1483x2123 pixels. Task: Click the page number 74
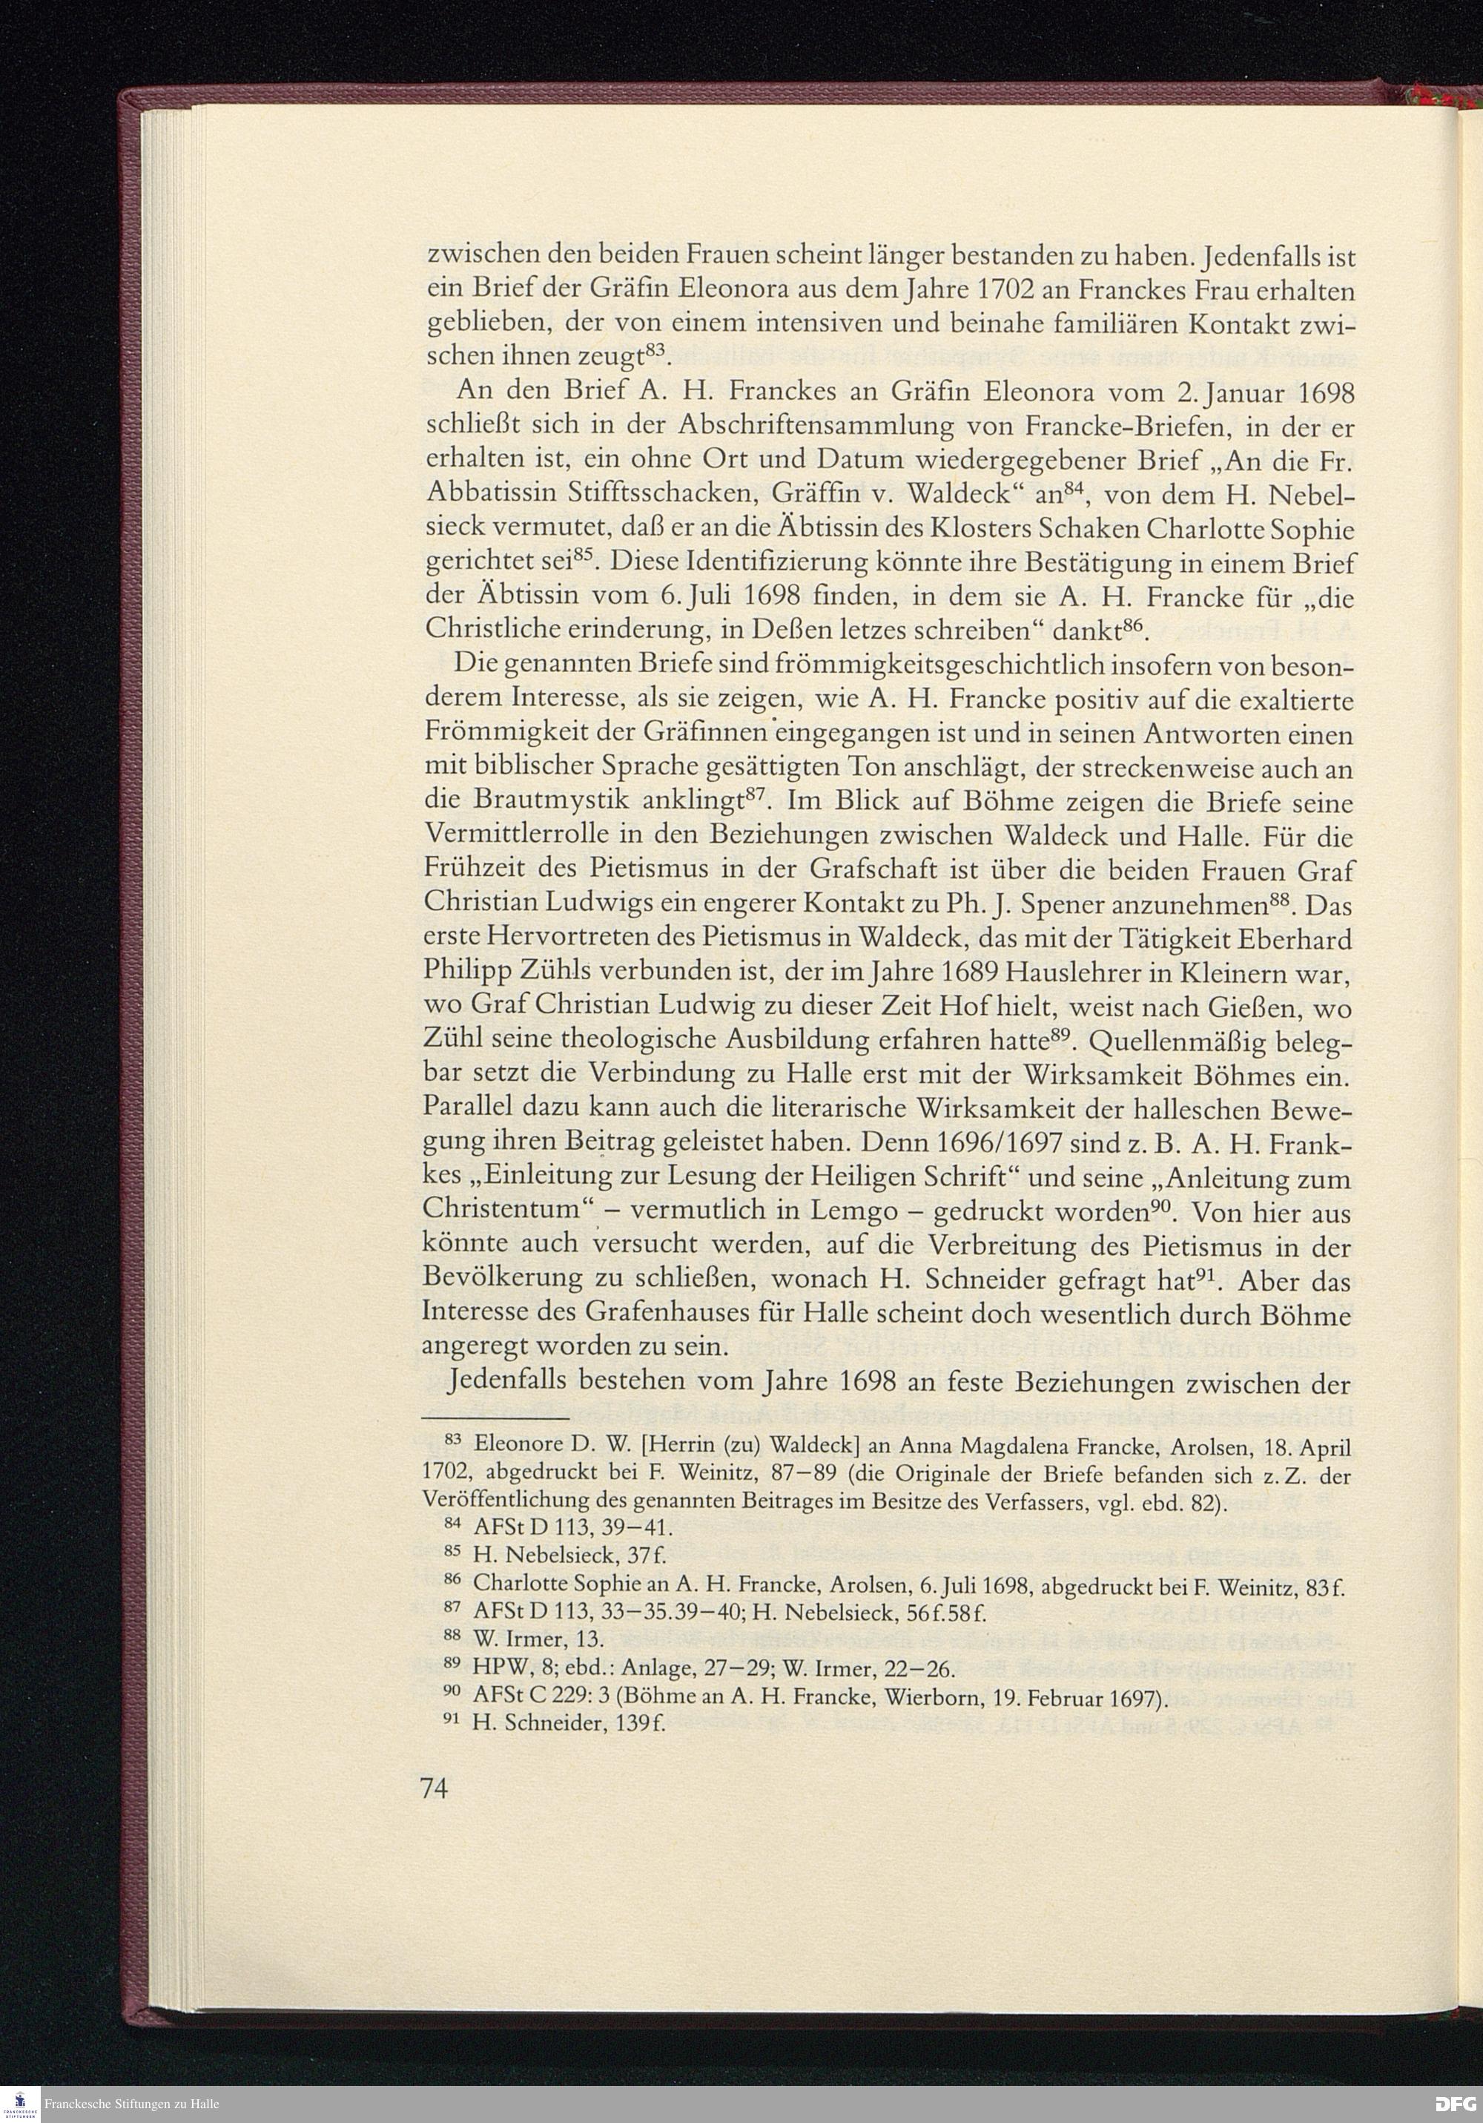(435, 1789)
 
